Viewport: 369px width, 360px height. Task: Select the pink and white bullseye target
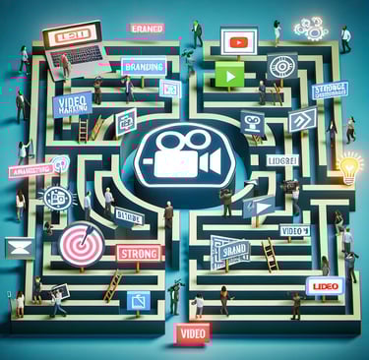click(78, 246)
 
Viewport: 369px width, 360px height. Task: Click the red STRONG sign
click(137, 253)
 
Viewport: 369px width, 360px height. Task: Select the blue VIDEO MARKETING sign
click(73, 105)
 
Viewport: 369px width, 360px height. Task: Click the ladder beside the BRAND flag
click(268, 254)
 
